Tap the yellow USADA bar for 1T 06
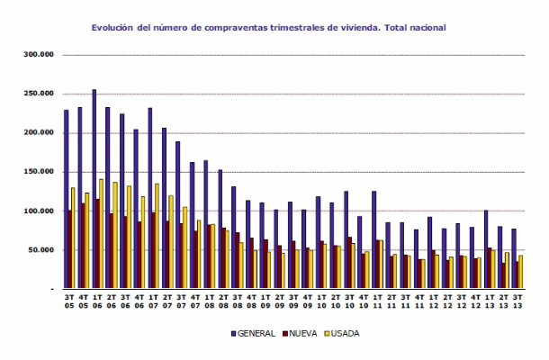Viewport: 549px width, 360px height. point(101,234)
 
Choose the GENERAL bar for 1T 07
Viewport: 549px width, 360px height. point(149,198)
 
